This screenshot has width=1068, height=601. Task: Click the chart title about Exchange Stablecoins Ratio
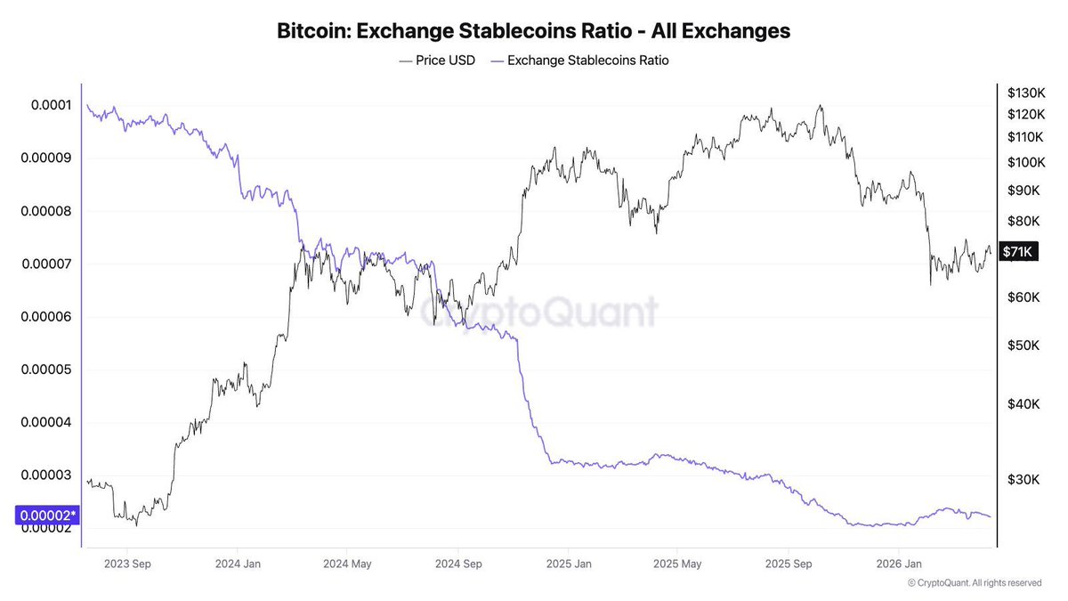pyautogui.click(x=534, y=31)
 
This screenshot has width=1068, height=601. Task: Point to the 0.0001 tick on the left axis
pyautogui.click(x=51, y=105)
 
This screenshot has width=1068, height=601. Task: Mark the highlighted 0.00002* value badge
pyautogui.click(x=47, y=515)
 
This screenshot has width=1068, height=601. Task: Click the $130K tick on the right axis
pyautogui.click(x=1024, y=93)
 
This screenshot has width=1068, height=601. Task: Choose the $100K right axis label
pyautogui.click(x=1024, y=163)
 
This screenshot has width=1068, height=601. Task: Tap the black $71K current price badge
pyautogui.click(x=1016, y=252)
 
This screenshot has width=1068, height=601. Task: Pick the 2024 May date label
pyautogui.click(x=347, y=564)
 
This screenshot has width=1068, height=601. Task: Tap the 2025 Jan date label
pyautogui.click(x=569, y=564)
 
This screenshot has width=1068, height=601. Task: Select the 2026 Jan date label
pyautogui.click(x=901, y=564)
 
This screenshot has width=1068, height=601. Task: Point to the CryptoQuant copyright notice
pyautogui.click(x=975, y=583)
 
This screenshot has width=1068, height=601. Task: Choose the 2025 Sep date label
pyautogui.click(x=789, y=564)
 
